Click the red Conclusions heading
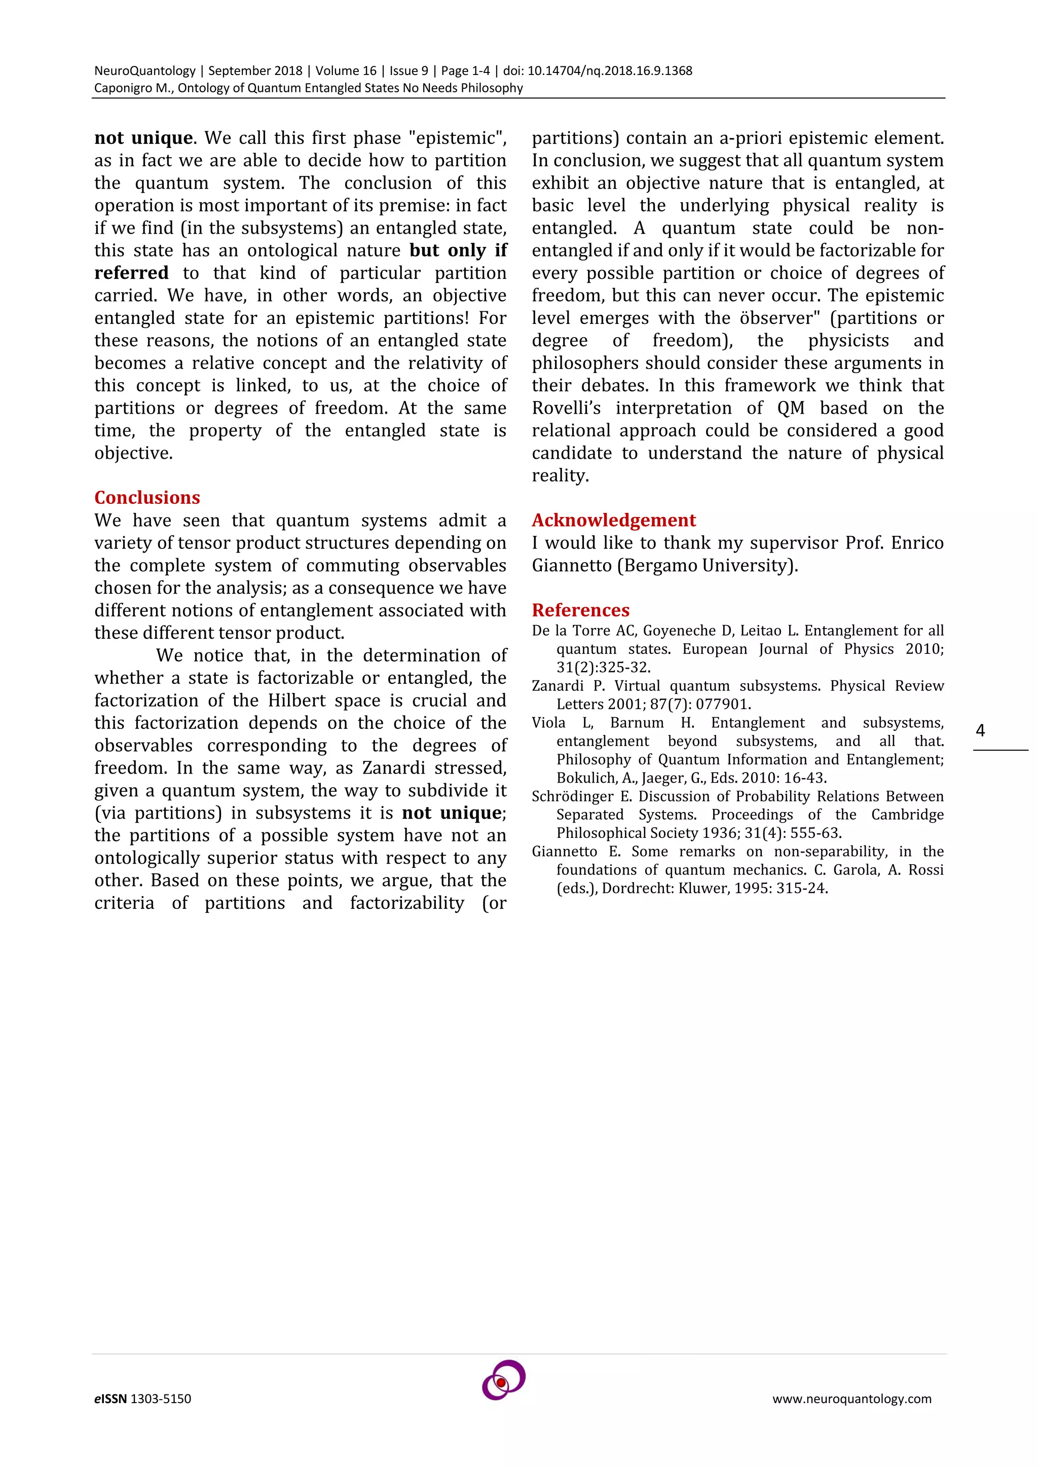tap(147, 498)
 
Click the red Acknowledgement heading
tap(613, 520)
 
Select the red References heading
tap(580, 610)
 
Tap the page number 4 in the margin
tap(980, 730)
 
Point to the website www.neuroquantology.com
tap(851, 1399)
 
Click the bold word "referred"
tap(132, 273)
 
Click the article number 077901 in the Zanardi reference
tap(725, 705)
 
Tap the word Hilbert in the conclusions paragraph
tap(292, 701)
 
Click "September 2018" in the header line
tap(255, 71)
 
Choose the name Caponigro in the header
tap(123, 88)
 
